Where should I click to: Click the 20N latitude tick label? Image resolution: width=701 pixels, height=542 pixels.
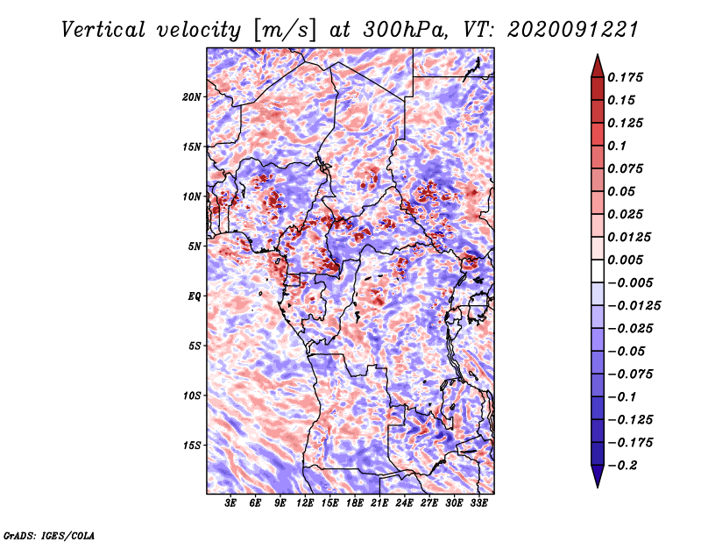(x=192, y=96)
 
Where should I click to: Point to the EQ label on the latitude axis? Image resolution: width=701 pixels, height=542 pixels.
(x=195, y=296)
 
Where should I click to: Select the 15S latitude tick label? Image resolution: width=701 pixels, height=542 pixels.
(x=192, y=445)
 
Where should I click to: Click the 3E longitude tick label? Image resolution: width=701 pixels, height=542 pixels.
(x=231, y=503)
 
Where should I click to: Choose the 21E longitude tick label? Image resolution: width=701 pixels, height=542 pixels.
(x=379, y=503)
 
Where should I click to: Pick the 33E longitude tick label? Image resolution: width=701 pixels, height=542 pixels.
(x=478, y=503)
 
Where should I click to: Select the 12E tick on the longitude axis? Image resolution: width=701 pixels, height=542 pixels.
(x=306, y=503)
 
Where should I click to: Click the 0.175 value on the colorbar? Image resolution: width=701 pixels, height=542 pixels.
(x=627, y=77)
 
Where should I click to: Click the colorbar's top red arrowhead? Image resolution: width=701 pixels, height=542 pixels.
(x=597, y=63)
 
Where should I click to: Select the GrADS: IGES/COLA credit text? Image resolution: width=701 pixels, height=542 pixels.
(x=49, y=534)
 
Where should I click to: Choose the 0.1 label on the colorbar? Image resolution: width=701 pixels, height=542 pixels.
(x=620, y=146)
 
